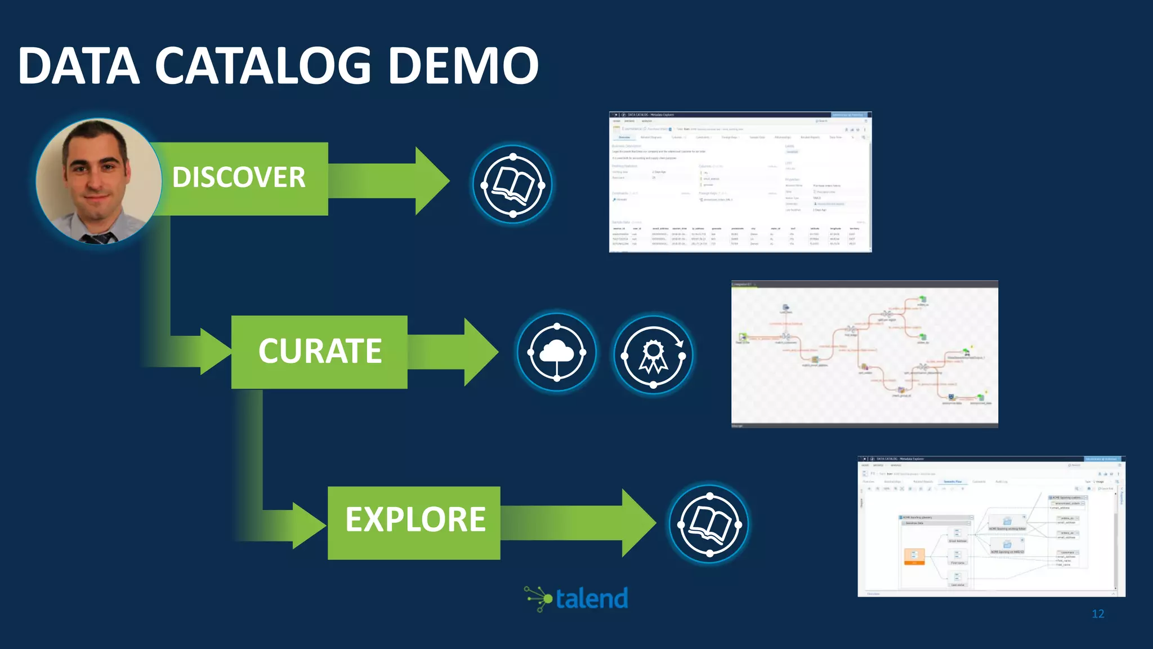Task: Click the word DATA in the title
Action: coord(79,66)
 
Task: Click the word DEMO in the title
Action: coord(463,66)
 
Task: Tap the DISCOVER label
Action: coord(239,177)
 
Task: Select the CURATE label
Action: coord(320,351)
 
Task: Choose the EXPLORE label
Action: coord(415,520)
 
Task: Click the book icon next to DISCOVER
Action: coord(513,184)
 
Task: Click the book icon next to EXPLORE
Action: coord(709,523)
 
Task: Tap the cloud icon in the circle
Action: coord(557,353)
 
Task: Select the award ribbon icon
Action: coord(653,355)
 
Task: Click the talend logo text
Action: coord(592,599)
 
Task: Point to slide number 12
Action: coord(1098,614)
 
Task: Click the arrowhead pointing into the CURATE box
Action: coord(214,352)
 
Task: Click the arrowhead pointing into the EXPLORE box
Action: coord(309,525)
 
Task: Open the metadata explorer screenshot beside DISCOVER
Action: coord(740,182)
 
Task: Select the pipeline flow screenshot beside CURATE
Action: coord(864,354)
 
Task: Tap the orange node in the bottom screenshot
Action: coord(914,556)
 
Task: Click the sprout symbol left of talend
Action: coord(538,599)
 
